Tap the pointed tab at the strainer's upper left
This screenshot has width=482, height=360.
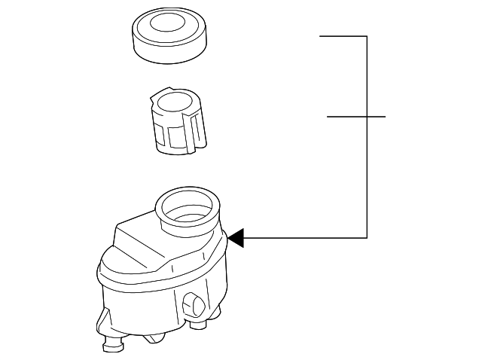[155, 97]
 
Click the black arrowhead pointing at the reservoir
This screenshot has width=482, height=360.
[236, 238]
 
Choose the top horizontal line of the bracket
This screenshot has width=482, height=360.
[343, 36]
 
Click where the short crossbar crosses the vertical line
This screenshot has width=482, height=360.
[367, 117]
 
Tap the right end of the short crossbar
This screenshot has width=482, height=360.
[384, 117]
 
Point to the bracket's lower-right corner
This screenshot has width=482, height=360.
[367, 238]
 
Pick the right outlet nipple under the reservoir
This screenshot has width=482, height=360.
[200, 326]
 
